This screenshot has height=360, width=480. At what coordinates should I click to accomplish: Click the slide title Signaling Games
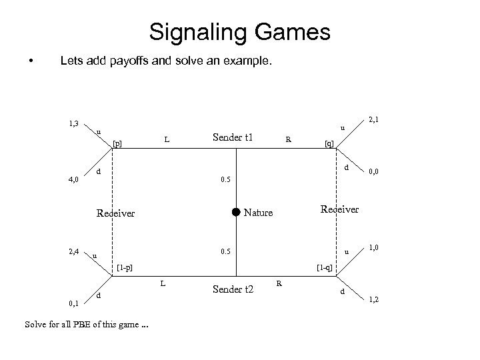[x=240, y=31]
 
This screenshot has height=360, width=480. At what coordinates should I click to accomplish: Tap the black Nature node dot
[x=235, y=213]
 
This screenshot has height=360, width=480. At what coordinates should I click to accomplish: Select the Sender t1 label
[x=233, y=138]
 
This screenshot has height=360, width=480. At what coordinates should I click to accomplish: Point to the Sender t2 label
[x=233, y=289]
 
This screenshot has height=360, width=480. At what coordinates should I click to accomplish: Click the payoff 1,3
[x=75, y=123]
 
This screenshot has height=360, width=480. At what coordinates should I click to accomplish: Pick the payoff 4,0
[x=74, y=179]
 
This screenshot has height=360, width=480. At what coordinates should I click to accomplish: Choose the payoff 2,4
[x=74, y=251]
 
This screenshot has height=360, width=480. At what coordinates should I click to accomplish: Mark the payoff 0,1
[x=74, y=304]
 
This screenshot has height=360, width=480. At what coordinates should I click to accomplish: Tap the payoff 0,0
[x=375, y=172]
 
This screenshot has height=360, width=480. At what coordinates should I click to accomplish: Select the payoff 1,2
[x=375, y=301]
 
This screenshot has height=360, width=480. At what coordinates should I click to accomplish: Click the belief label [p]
[x=118, y=143]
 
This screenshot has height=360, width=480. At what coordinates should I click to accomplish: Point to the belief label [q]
[x=329, y=143]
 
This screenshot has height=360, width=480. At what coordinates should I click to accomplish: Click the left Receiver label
[x=115, y=213]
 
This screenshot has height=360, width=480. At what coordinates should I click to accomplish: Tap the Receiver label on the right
[x=340, y=209]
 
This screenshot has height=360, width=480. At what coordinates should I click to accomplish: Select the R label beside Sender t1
[x=287, y=140]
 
